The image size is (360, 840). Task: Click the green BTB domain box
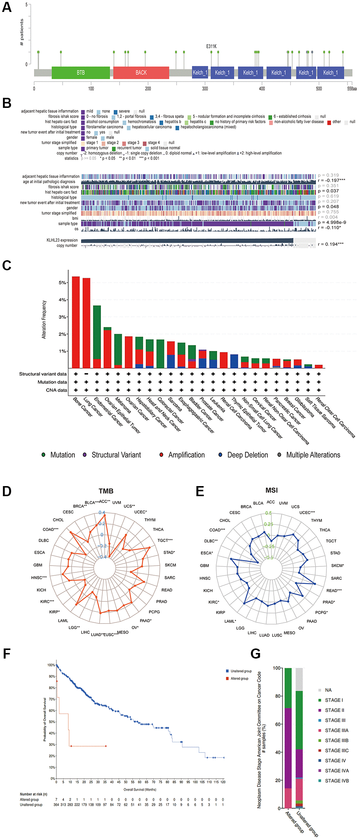81,73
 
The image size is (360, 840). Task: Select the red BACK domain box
141,73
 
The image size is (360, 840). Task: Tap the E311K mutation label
211,47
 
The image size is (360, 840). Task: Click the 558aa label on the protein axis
352,89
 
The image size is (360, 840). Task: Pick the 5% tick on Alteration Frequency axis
62,283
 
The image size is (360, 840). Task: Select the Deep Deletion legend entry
248,455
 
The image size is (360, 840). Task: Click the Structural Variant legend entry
116,455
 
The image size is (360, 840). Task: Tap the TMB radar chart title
106,491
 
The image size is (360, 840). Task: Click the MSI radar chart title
271,490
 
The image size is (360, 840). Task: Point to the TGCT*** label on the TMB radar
165,540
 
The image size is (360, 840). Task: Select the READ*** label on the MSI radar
334,591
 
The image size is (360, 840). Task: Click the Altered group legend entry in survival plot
239,678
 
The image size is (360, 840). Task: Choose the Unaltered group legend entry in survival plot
241,671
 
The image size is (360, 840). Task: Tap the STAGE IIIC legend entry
336,750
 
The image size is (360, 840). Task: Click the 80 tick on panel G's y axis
278,696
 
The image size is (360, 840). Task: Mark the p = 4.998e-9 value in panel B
332,222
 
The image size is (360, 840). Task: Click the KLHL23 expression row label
62,240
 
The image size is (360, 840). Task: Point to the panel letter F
6,654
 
